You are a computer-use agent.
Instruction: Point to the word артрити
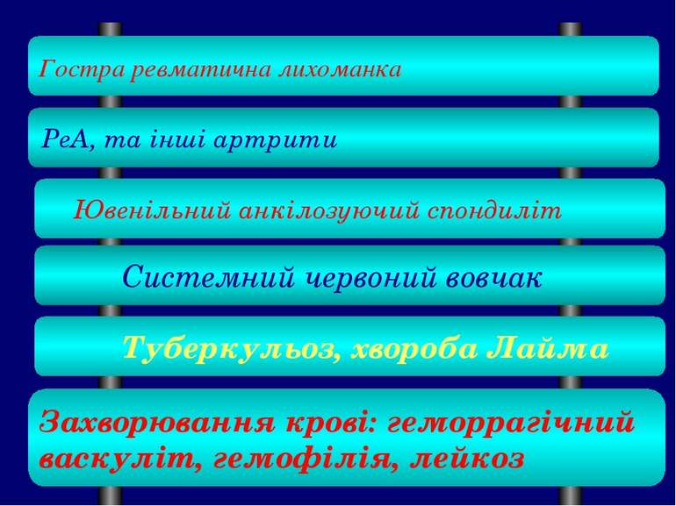click(x=290, y=140)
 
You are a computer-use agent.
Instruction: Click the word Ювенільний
click(x=147, y=210)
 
